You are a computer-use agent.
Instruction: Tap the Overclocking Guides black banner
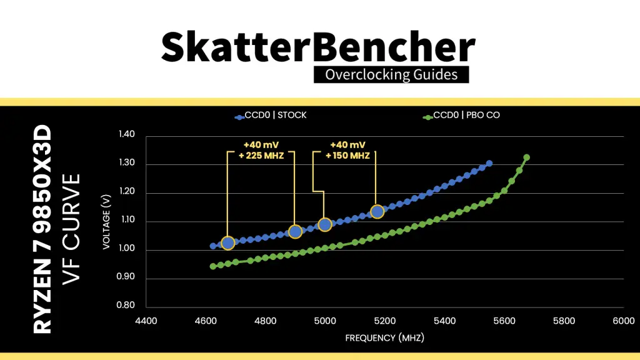[x=391, y=75]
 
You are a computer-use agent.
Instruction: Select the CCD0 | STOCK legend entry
[x=271, y=116]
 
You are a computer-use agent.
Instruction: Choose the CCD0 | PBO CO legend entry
[x=461, y=116]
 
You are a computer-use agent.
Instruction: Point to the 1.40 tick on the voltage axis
[x=126, y=134]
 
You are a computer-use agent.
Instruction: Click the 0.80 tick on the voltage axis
[x=126, y=305]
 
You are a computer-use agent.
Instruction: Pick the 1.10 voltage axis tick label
[x=126, y=219]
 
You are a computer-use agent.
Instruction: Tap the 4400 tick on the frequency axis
[x=146, y=321]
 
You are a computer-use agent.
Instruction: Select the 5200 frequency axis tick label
[x=385, y=321]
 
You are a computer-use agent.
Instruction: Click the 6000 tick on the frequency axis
[x=624, y=321]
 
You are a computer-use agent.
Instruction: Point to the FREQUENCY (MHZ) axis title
[x=385, y=338]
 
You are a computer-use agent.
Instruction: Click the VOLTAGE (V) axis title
[x=106, y=222]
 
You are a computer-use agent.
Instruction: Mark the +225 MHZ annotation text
[x=261, y=156]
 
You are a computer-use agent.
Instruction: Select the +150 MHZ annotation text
[x=347, y=156]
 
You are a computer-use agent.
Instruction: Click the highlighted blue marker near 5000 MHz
[x=325, y=224]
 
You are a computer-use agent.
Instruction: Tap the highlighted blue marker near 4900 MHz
[x=295, y=232]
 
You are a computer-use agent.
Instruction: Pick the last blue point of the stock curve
[x=489, y=164]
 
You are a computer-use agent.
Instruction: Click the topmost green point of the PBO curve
[x=526, y=157]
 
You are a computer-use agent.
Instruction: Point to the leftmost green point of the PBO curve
[x=213, y=266]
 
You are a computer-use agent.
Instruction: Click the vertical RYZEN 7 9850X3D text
[x=42, y=229]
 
